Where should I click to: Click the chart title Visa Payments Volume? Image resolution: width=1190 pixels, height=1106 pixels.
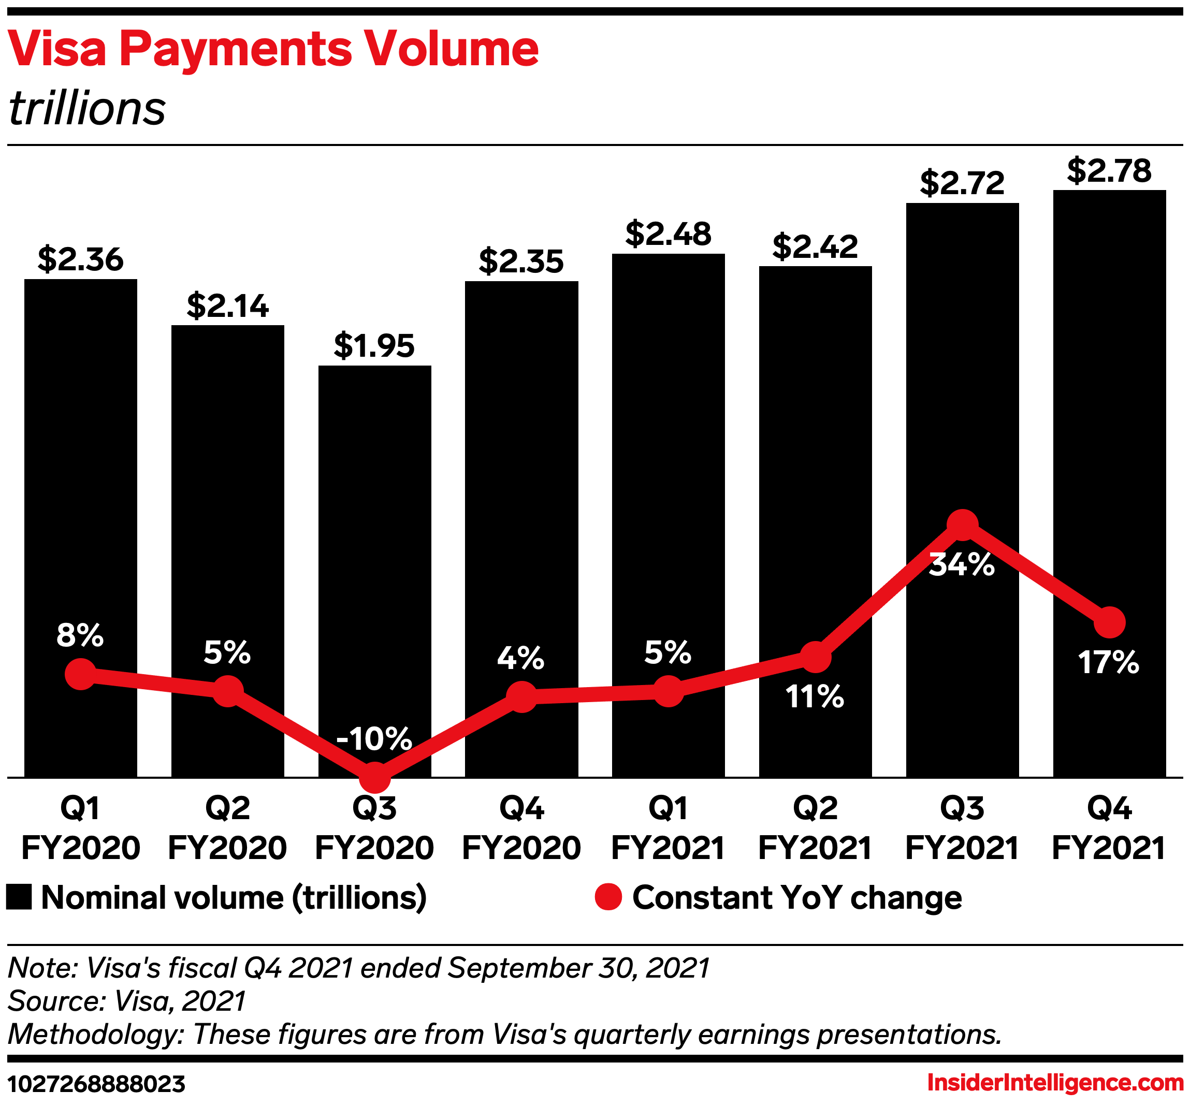273,49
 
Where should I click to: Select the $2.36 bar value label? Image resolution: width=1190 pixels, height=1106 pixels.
80,259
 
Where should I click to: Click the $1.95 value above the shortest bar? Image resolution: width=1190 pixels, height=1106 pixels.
374,346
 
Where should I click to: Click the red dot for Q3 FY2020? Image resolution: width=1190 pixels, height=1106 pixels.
374,777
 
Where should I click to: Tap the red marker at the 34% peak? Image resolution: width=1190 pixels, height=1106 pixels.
962,525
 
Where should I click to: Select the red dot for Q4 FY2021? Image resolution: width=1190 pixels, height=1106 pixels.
1109,622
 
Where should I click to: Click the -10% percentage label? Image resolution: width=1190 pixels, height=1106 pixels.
374,738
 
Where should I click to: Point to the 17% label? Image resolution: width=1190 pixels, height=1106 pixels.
1109,663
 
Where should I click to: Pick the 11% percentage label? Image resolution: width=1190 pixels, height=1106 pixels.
815,696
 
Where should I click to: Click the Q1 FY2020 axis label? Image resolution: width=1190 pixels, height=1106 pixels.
80,828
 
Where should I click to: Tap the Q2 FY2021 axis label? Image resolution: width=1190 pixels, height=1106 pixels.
815,828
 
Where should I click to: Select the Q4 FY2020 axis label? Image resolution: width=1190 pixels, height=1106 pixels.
521,828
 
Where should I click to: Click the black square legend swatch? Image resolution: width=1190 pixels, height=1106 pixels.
19,898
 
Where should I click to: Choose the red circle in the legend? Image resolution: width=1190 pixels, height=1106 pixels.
608,898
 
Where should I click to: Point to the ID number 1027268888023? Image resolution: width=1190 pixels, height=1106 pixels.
96,1083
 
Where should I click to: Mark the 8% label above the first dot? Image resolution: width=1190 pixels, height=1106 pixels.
80,635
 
